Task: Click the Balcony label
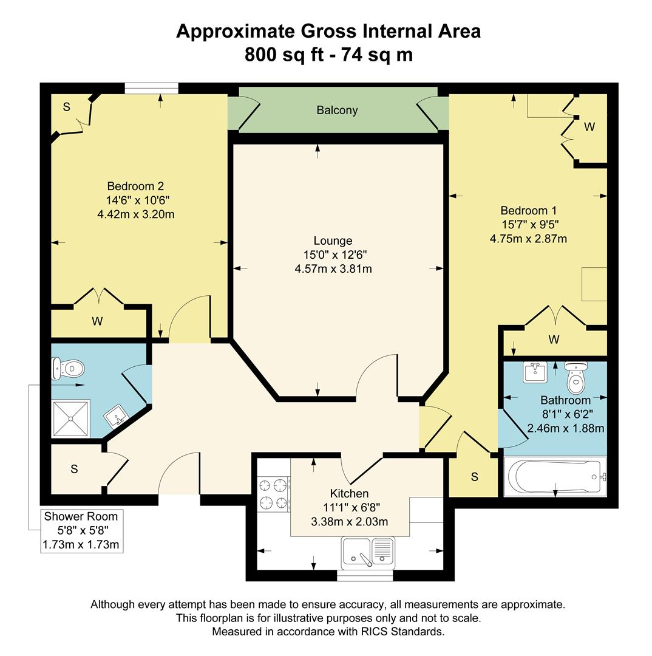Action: pyautogui.click(x=337, y=111)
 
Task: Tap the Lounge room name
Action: pyautogui.click(x=333, y=241)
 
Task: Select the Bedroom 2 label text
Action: pyautogui.click(x=135, y=186)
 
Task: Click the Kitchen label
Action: pyautogui.click(x=349, y=493)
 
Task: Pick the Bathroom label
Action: pyautogui.click(x=565, y=401)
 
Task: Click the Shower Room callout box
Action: pyautogui.click(x=81, y=531)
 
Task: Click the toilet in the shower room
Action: pyautogui.click(x=69, y=367)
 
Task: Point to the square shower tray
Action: pyautogui.click(x=70, y=418)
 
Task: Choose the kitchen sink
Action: pyautogui.click(x=368, y=552)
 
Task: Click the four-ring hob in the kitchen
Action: pyautogui.click(x=273, y=493)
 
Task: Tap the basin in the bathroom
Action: pyautogui.click(x=535, y=372)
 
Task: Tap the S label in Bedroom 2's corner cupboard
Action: pyautogui.click(x=67, y=108)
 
